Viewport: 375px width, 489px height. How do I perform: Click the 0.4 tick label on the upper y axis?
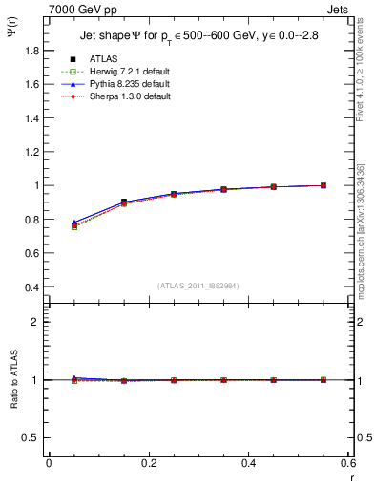pos(34,287)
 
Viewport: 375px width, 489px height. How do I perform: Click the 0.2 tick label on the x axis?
pos(148,463)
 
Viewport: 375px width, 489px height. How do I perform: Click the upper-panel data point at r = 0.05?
pos(74,224)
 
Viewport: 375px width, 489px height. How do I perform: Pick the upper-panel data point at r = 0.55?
pos(323,185)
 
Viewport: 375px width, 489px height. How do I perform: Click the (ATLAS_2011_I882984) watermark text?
pos(198,285)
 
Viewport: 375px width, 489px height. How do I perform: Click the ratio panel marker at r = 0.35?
pos(223,380)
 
